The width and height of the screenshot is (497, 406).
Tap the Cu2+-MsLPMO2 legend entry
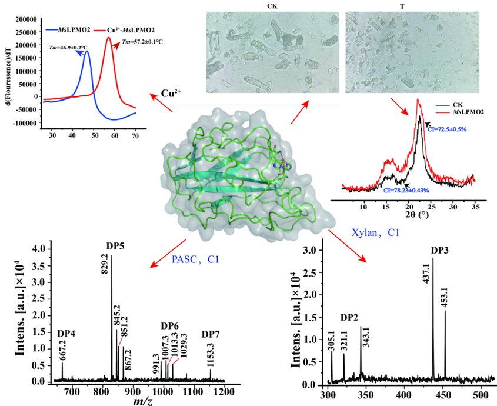point(134,29)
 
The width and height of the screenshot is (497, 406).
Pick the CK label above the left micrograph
point(273,6)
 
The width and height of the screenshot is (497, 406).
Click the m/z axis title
point(145,400)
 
